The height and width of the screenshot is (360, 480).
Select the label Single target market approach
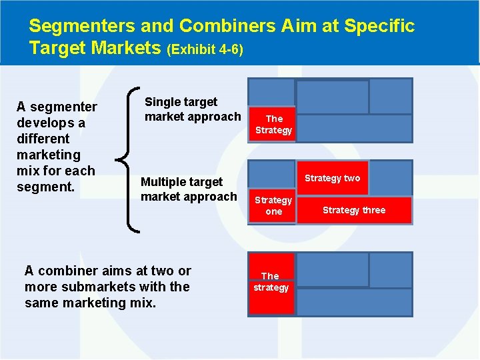tap(192, 109)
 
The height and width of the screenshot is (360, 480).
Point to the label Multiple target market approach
tap(189, 189)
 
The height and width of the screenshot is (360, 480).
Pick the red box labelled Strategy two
tap(332, 178)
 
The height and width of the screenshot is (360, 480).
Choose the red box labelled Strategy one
tap(273, 206)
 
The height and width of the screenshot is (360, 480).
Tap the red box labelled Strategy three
tap(354, 210)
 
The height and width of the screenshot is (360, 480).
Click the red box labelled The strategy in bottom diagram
tap(271, 283)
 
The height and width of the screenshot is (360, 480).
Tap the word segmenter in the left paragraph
tap(64, 107)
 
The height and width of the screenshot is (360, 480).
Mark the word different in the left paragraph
tap(43, 139)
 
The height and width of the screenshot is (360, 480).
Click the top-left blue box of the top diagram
tap(271, 92)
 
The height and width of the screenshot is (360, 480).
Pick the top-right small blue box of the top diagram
tap(391, 96)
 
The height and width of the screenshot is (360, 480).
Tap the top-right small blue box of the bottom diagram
tap(391, 269)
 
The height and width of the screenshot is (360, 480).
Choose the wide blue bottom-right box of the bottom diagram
tap(354, 302)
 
